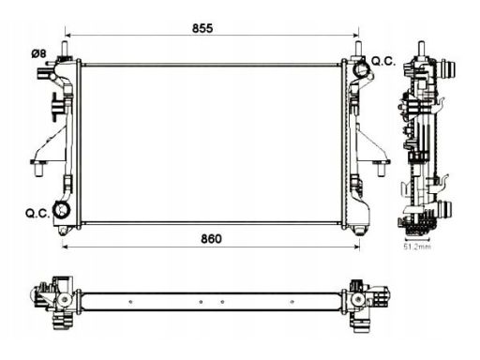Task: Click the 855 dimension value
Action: [202, 28]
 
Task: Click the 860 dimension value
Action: [211, 239]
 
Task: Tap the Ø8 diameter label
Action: [38, 53]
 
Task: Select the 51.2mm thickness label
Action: [417, 247]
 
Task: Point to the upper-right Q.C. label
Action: [383, 62]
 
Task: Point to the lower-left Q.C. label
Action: [37, 214]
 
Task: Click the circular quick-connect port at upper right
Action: [361, 69]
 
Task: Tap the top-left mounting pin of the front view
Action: [66, 49]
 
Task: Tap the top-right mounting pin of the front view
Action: [358, 49]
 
